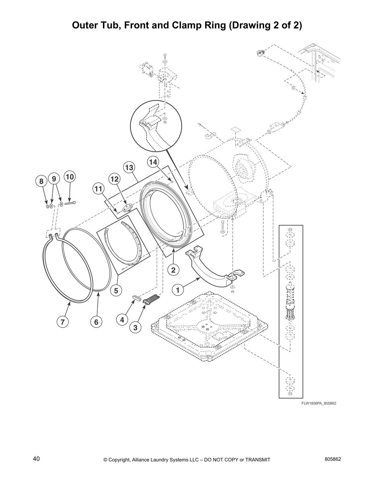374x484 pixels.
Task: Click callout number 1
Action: [178, 289]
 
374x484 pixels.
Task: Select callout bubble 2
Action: [173, 270]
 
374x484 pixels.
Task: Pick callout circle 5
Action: [116, 291]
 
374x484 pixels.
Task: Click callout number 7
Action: [62, 322]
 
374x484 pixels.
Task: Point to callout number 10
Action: [70, 177]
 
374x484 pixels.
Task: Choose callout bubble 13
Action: [129, 167]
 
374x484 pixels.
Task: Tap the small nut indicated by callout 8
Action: [47, 207]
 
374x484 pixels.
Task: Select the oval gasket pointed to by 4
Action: [136, 297]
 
